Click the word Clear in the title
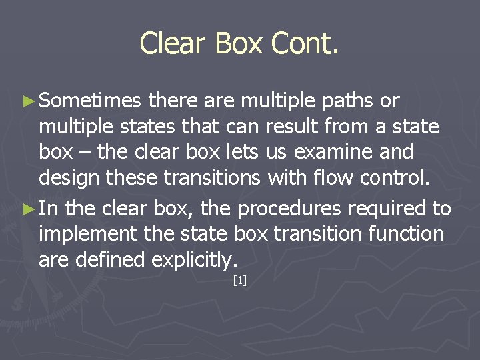tap(172, 44)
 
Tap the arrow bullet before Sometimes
tap(27, 101)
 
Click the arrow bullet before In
tap(27, 209)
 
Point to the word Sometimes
tap(91, 101)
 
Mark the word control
tap(406, 178)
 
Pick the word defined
tap(112, 260)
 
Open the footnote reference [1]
tap(240, 281)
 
